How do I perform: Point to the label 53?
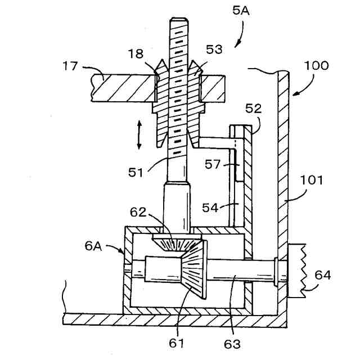(x=214, y=51)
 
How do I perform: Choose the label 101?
(x=313, y=182)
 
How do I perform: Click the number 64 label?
(x=322, y=275)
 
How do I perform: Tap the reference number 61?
(x=179, y=341)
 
